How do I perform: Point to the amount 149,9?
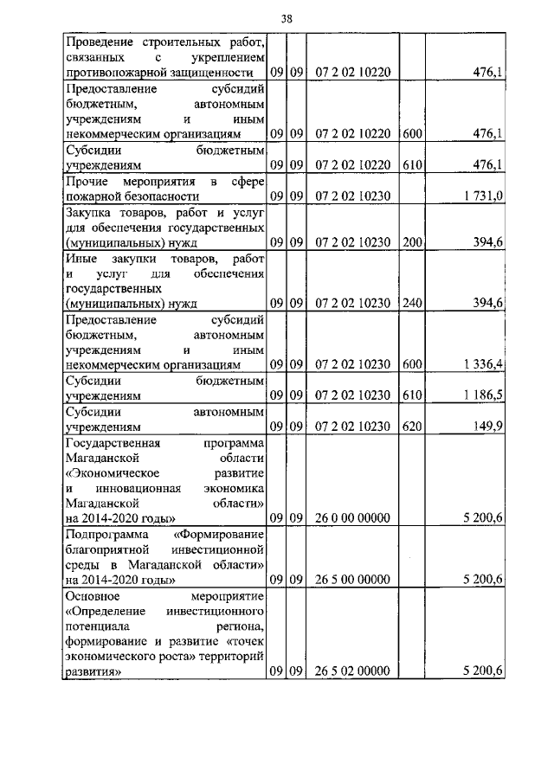tap(489, 426)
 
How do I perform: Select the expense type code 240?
tap(412, 303)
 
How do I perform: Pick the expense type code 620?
tap(412, 426)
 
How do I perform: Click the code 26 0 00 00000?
tap(351, 517)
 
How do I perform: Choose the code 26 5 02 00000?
tap(351, 671)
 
